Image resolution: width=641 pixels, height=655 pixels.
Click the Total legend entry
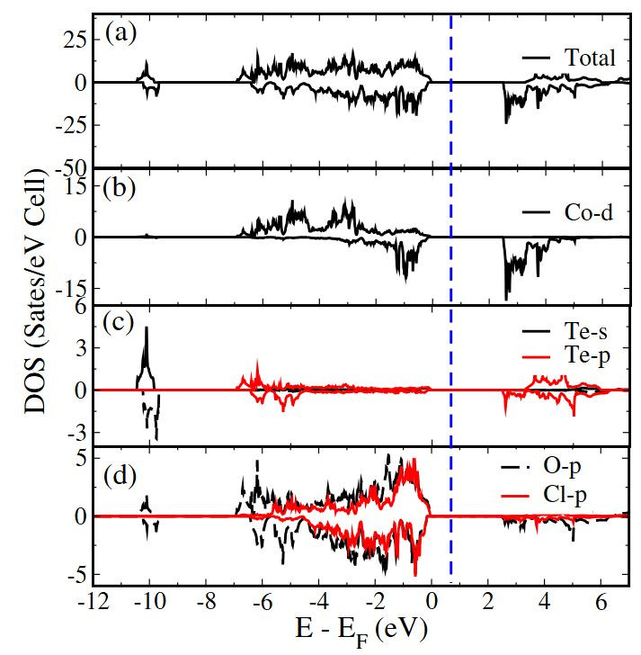tap(590, 58)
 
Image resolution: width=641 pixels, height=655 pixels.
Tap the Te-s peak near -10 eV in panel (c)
tap(147, 330)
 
